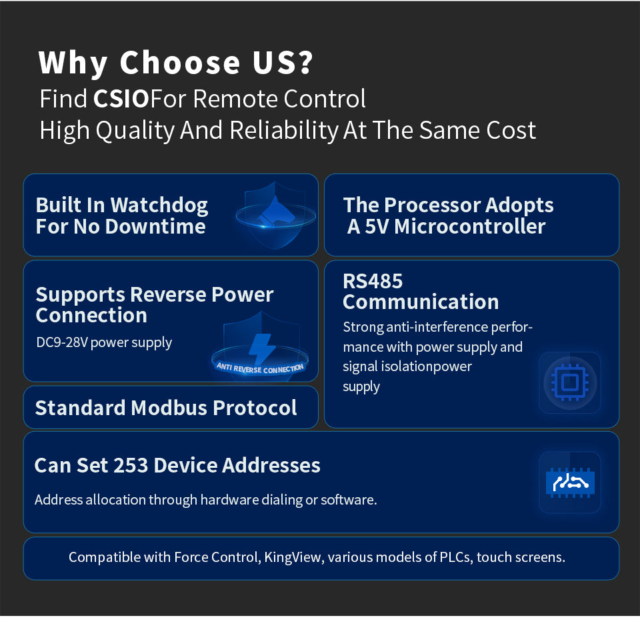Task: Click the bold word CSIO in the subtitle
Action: pyautogui.click(x=121, y=99)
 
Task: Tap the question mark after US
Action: pyautogui.click(x=305, y=63)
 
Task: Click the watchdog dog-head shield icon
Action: pyautogui.click(x=276, y=216)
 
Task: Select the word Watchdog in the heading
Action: pyautogui.click(x=159, y=206)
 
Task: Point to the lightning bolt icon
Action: pyautogui.click(x=261, y=348)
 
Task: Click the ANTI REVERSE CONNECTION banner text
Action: pyautogui.click(x=260, y=368)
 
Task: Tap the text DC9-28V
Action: pyautogui.click(x=61, y=342)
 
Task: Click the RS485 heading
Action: pyautogui.click(x=373, y=281)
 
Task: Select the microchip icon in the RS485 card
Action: pyautogui.click(x=570, y=382)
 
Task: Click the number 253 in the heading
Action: pyautogui.click(x=131, y=465)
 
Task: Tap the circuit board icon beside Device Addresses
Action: pyautogui.click(x=570, y=483)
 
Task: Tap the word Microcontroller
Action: pyautogui.click(x=470, y=227)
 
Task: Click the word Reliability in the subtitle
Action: pyautogui.click(x=284, y=130)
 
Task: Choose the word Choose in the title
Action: pyautogui.click(x=180, y=63)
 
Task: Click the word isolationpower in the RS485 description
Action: pyautogui.click(x=426, y=366)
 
